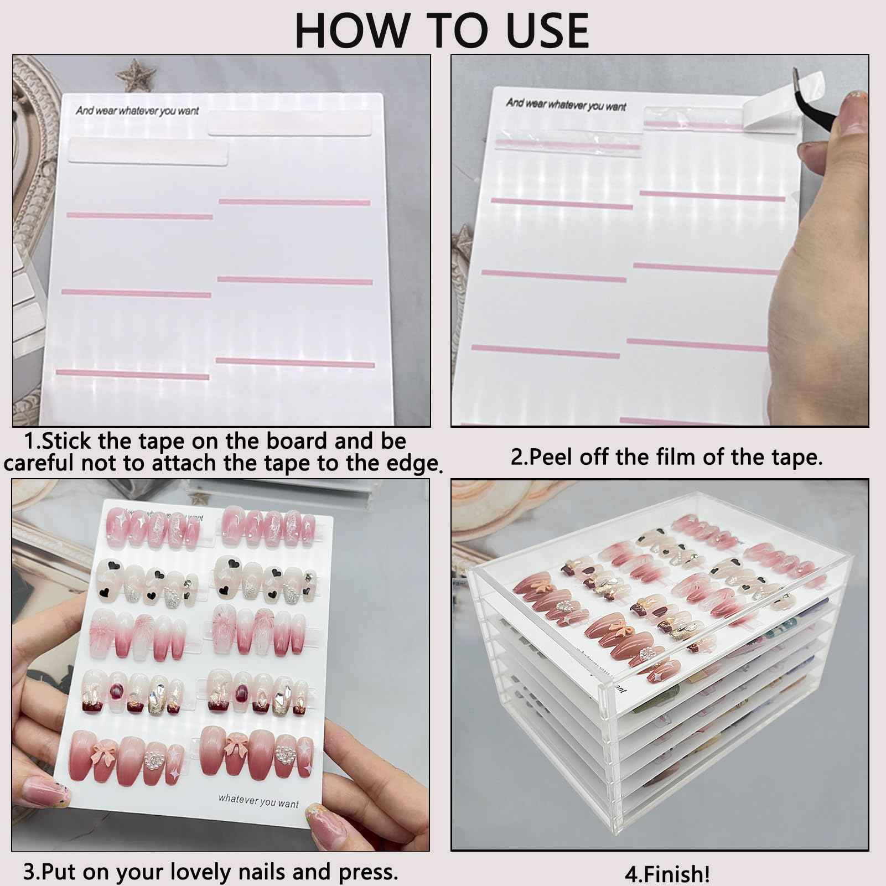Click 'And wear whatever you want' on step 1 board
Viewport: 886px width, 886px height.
137,111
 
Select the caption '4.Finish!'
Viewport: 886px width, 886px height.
667,874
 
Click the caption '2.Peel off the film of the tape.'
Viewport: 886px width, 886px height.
666,457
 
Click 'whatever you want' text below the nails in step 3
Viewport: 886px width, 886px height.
258,801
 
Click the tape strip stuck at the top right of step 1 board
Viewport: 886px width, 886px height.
288,126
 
